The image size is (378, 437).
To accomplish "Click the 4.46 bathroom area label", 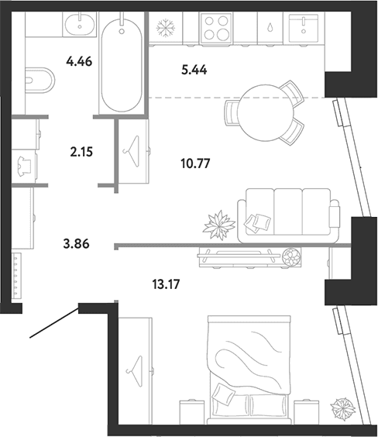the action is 79,61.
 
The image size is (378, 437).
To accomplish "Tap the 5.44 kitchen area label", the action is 194,70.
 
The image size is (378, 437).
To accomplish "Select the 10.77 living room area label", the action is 195,163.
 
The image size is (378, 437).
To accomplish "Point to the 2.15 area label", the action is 81,152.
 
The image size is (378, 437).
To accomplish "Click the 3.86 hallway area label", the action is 77,244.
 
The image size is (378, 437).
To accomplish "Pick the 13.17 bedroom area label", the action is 167,284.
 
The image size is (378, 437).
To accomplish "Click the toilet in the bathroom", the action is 40,81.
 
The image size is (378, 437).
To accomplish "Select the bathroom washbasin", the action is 80,24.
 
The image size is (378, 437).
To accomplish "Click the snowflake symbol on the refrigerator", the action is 166,28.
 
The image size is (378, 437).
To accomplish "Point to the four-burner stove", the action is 216,28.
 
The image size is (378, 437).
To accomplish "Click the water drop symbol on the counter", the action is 270,28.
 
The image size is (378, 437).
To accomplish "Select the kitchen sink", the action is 304,27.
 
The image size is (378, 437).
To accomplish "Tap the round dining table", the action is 266,113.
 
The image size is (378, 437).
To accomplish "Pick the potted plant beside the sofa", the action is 219,225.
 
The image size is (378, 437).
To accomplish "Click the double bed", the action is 249,370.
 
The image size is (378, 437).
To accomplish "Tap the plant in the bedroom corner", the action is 343,408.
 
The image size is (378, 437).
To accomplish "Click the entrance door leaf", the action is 54,323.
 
